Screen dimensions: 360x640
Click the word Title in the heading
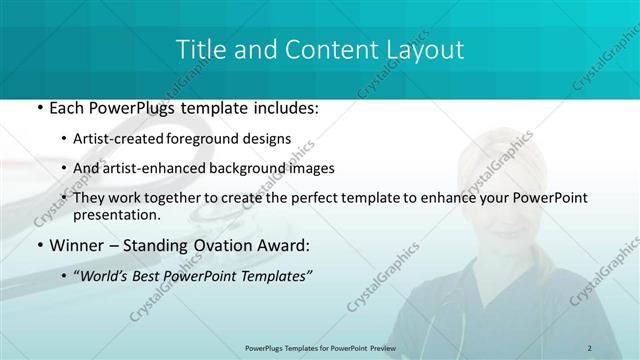[201, 49]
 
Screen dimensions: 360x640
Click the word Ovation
[217, 245]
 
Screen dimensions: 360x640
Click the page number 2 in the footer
[590, 347]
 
